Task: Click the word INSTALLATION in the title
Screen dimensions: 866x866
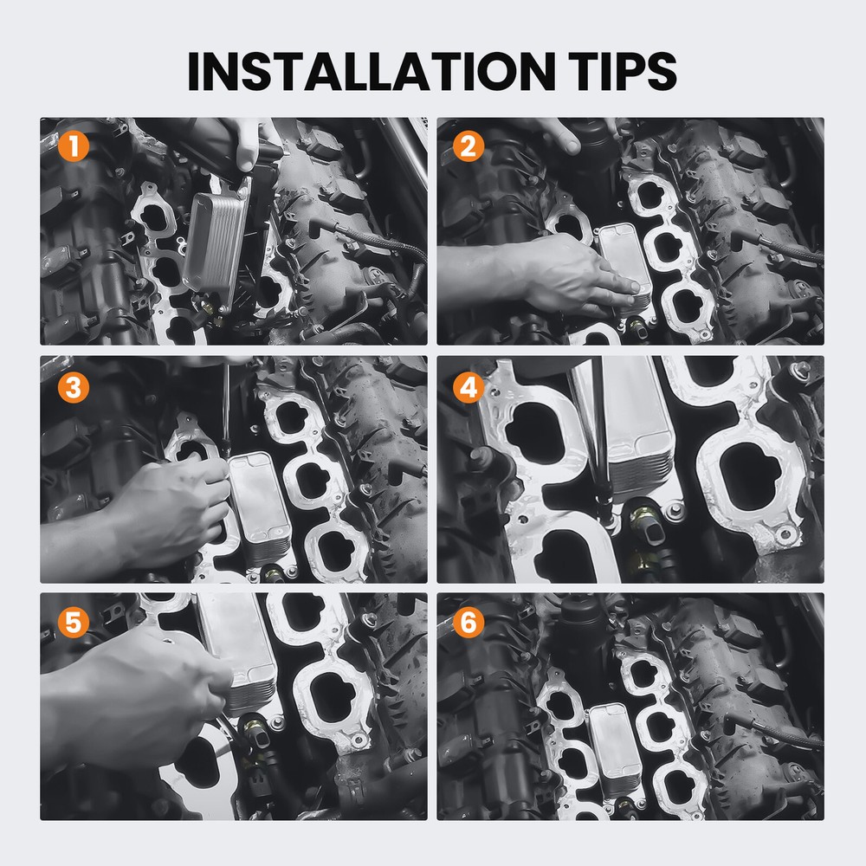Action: [x=372, y=71]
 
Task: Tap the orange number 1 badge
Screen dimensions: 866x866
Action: [x=74, y=146]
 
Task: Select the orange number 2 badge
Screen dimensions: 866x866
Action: [x=469, y=146]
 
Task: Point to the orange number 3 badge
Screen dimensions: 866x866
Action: [x=74, y=387]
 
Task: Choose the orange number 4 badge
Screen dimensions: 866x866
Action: [x=469, y=387]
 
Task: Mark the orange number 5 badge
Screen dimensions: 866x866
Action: [x=74, y=622]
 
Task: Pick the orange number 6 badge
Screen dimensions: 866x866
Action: [x=469, y=622]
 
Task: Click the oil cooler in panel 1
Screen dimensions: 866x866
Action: [x=216, y=243]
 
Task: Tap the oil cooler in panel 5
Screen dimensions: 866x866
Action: [x=237, y=652]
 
